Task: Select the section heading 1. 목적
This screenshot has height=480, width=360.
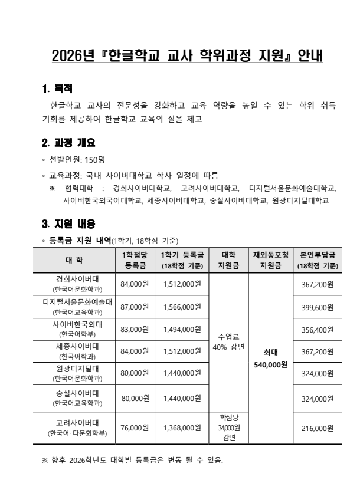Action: click(57, 89)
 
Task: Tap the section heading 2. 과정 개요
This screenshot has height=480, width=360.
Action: click(68, 143)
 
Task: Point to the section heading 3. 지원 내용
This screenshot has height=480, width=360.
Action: click(68, 224)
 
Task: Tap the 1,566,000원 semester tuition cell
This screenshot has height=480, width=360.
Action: click(182, 307)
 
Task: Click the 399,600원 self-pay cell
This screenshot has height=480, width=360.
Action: click(318, 307)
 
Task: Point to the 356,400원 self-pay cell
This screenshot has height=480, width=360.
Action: click(318, 329)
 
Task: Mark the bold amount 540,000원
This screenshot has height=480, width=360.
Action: click(270, 364)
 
